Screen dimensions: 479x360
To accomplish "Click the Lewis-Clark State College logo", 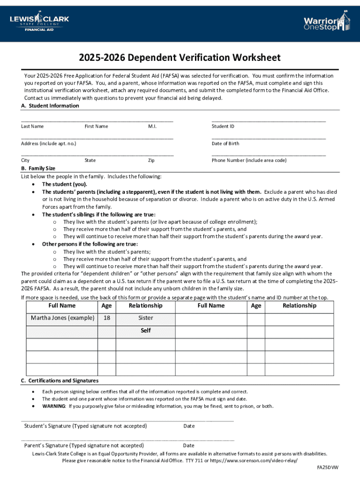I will [39, 21].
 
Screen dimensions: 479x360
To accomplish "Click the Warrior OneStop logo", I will [326, 22].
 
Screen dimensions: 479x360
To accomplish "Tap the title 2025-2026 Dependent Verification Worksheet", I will [180, 58].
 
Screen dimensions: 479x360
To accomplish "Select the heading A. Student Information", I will [50, 106].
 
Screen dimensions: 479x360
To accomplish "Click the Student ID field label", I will [223, 126].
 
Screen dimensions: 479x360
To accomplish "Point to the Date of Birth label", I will [225, 144].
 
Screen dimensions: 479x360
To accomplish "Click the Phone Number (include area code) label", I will [249, 160].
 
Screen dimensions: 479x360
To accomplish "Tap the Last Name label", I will [32, 126].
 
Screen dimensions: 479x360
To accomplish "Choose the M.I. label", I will [152, 126].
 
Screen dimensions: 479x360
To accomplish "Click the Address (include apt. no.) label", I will [49, 144].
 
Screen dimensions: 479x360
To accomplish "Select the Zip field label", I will [151, 160].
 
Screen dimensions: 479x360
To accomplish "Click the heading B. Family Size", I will [38, 168].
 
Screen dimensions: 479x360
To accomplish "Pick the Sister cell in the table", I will [145, 318].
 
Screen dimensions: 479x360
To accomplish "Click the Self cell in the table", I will [145, 330].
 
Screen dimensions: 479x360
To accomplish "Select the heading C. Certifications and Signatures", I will [60, 380].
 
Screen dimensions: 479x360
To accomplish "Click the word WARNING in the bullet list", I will [54, 406].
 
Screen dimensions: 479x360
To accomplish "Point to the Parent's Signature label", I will [84, 445].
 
